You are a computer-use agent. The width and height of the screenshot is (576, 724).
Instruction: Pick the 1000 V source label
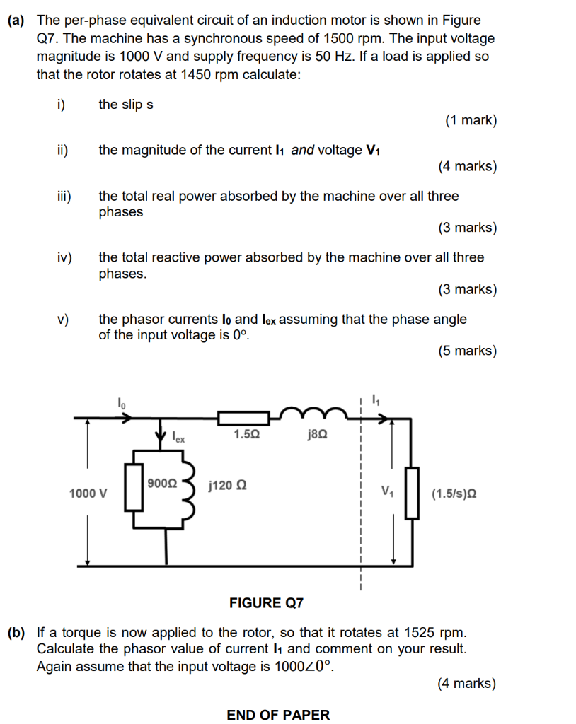88,493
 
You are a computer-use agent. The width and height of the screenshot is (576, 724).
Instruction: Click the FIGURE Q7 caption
266,602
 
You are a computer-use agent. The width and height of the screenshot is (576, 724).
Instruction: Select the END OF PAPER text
278,715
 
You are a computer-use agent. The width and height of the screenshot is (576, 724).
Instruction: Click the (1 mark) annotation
471,120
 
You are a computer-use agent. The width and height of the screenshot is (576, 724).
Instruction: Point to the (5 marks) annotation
467,351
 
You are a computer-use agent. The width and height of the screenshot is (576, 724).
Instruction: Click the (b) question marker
18,631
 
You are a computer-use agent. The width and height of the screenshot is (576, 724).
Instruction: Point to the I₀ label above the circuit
121,403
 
